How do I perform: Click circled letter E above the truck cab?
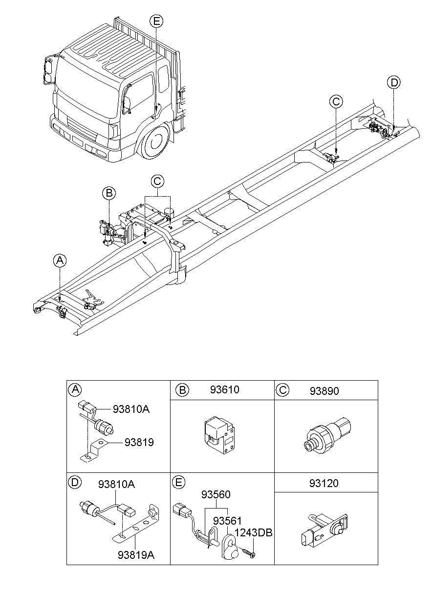coord(156,21)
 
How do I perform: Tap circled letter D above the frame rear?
coord(394,82)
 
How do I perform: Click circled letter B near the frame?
coord(108,193)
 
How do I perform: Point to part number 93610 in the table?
coord(225,390)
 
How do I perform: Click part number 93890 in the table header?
coord(325,391)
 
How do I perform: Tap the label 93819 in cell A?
coord(139,442)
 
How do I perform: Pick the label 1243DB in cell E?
coord(252,533)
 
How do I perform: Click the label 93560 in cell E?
coord(216,495)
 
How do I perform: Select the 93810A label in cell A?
coord(130,409)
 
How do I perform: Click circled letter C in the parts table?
coord(282,390)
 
